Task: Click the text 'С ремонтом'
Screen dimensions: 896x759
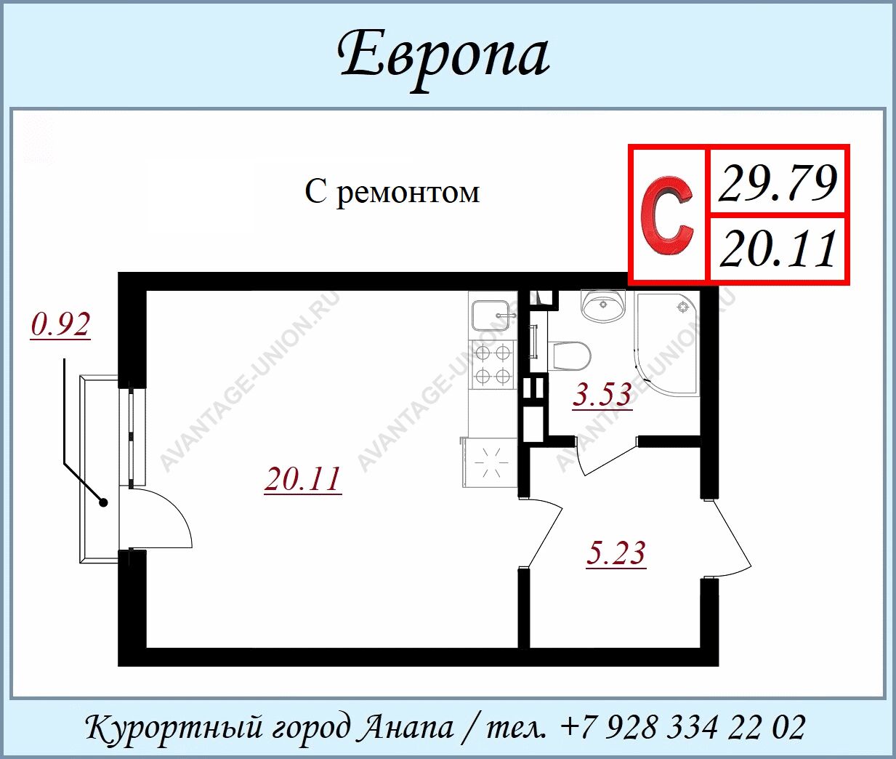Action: (x=392, y=192)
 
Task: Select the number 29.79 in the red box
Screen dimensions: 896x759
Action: (x=778, y=183)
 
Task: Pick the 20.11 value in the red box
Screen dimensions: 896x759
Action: (x=778, y=249)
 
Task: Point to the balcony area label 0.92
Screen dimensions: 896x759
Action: (x=60, y=324)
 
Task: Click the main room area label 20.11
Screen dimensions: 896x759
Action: (x=302, y=479)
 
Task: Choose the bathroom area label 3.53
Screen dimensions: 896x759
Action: (x=602, y=395)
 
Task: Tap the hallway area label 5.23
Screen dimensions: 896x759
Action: (x=616, y=553)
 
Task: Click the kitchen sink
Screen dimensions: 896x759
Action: (x=492, y=314)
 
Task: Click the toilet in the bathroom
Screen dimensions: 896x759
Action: (x=569, y=356)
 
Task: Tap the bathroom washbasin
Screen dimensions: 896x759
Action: (x=602, y=306)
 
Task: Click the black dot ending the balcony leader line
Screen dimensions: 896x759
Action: (x=103, y=502)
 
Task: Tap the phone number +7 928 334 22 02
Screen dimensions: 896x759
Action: (x=683, y=726)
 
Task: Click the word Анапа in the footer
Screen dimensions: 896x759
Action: (x=409, y=727)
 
